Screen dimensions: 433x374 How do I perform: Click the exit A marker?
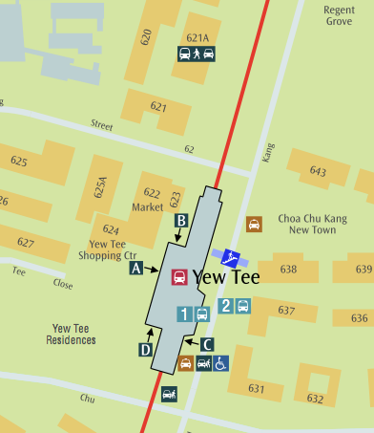(136, 269)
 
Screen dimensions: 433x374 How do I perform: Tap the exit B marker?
(179, 221)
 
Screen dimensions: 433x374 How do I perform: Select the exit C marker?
(208, 343)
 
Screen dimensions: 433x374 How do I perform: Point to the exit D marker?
(146, 350)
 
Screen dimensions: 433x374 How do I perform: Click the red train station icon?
(178, 277)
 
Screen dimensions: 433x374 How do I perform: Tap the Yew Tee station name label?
(226, 277)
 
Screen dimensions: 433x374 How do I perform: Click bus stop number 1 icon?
(193, 313)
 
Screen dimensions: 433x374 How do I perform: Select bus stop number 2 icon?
(234, 306)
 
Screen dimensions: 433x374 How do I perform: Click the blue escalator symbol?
(231, 257)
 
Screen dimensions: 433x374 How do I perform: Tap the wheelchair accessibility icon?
(219, 363)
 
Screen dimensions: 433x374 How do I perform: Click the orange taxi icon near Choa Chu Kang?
(254, 225)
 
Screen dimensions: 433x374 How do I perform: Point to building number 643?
(318, 171)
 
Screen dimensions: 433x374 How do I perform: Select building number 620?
(146, 37)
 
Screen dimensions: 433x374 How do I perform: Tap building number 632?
(315, 399)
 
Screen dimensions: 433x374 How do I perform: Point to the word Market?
(147, 206)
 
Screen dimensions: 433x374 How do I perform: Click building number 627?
(25, 243)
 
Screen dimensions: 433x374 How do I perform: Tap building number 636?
(360, 318)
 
